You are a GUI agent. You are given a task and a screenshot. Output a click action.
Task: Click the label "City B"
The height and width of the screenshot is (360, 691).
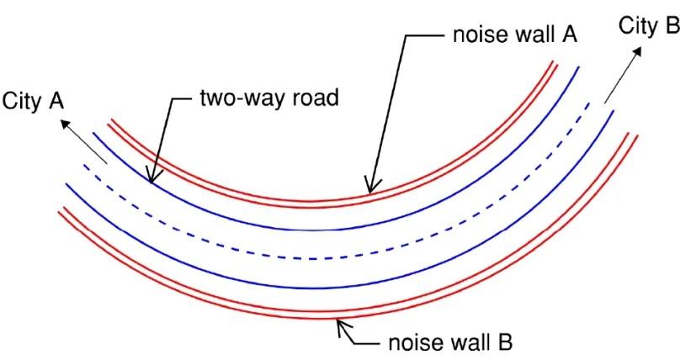[649, 26]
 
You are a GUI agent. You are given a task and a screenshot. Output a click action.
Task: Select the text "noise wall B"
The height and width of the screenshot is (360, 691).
[448, 343]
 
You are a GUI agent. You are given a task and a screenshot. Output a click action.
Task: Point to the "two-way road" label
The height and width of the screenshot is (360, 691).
[268, 98]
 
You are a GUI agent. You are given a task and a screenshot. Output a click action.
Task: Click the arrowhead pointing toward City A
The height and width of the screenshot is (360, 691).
[65, 122]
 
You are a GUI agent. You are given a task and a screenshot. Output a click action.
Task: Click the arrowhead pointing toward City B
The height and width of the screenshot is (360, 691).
[637, 50]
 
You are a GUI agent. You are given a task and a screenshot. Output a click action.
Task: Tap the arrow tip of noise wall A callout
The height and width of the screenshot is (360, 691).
[369, 193]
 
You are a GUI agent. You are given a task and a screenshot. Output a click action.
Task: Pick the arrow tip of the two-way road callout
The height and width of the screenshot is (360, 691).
[150, 181]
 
